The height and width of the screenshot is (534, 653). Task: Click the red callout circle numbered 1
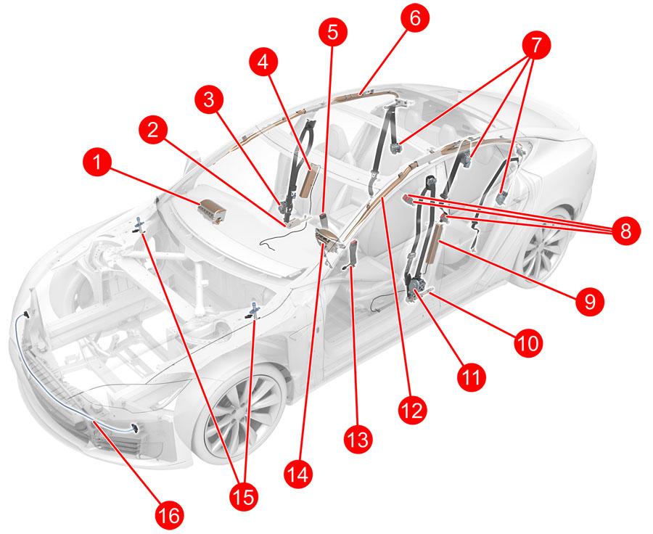[97, 163]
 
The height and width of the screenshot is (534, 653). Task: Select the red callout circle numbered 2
[153, 130]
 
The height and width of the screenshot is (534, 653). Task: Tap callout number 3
[209, 100]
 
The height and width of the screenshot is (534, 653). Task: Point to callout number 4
[263, 62]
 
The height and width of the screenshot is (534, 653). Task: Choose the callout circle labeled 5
[332, 32]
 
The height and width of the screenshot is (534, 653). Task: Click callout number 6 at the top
[415, 18]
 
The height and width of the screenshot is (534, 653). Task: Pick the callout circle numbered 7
[535, 46]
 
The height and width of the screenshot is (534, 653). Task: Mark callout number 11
[471, 377]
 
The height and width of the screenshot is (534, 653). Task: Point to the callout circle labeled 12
[412, 410]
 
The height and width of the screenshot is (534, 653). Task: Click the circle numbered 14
[299, 473]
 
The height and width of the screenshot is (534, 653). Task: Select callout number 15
[244, 496]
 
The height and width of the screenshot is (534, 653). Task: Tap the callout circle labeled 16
[170, 515]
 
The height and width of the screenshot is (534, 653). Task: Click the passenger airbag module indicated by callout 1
[213, 212]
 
